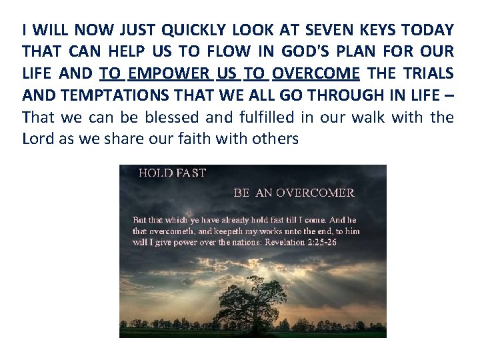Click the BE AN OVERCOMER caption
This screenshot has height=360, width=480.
click(293, 193)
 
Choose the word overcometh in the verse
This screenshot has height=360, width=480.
click(160, 231)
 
